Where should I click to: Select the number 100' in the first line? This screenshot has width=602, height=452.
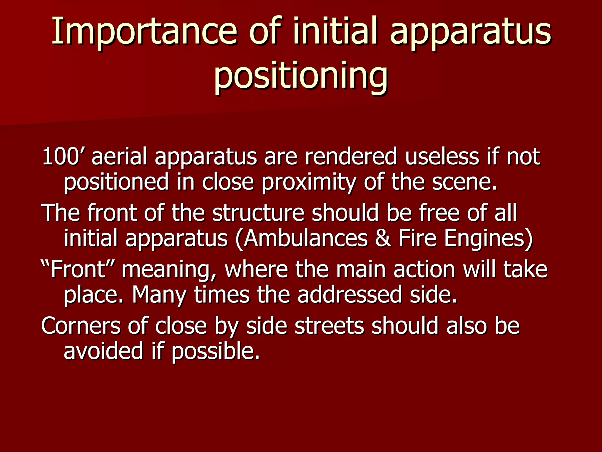pyautogui.click(x=63, y=157)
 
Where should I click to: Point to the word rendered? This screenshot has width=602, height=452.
pyautogui.click(x=351, y=157)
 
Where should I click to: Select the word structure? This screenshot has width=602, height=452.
pyautogui.click(x=258, y=212)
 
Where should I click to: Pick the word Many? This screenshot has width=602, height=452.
pyautogui.click(x=159, y=295)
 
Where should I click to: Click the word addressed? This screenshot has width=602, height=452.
pyautogui.click(x=350, y=295)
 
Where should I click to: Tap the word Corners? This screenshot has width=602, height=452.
pyautogui.click(x=81, y=325)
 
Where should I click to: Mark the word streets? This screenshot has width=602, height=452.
pyautogui.click(x=329, y=325)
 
